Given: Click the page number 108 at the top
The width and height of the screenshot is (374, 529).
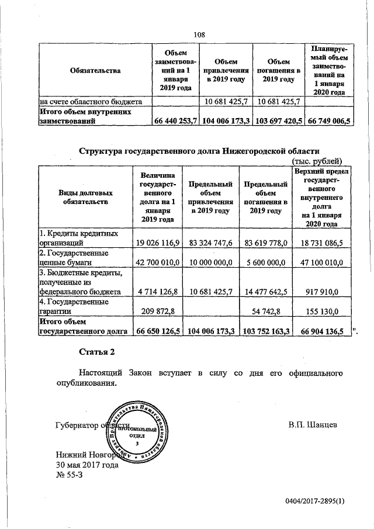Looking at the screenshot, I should click(199, 34).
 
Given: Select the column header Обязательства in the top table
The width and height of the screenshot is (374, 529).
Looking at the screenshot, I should click(94, 71).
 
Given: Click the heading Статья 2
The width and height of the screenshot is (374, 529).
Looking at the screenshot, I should click(97, 352).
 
